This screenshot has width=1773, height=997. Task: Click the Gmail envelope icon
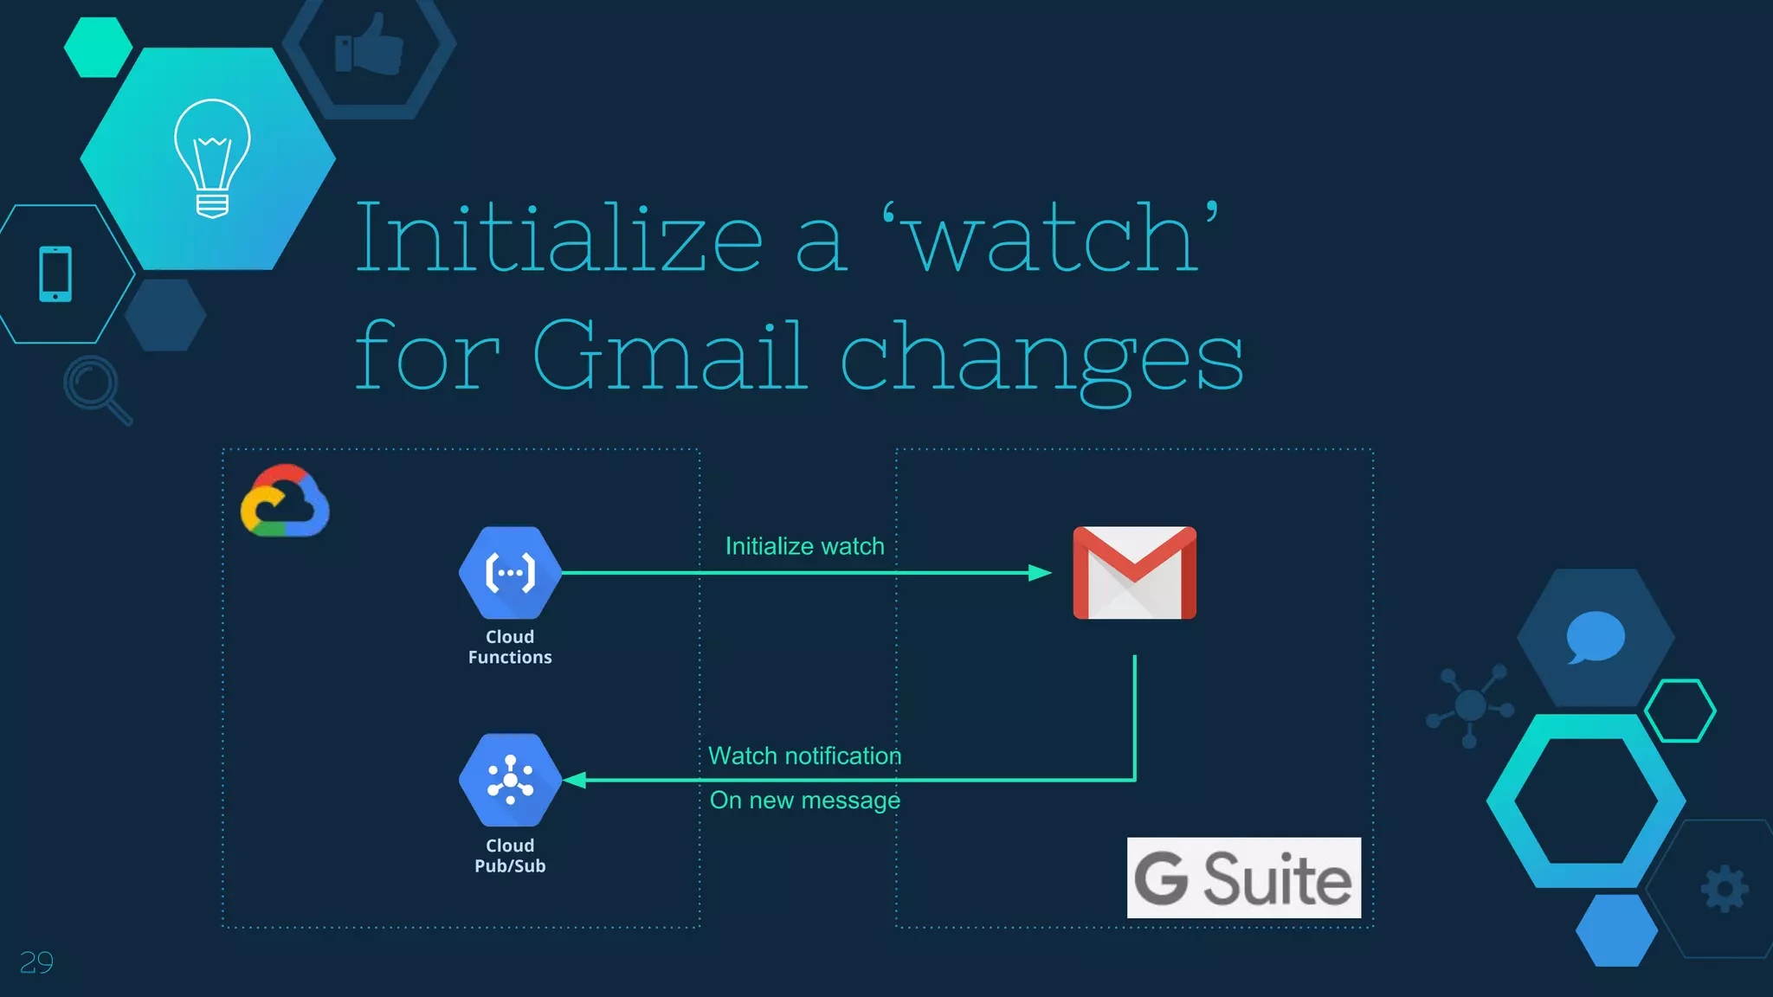(x=1134, y=572)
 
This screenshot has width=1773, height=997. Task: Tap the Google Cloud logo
(x=285, y=501)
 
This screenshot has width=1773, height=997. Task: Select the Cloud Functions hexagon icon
(x=510, y=572)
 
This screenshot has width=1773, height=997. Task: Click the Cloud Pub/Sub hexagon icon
(x=510, y=780)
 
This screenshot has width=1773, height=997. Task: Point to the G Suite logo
(x=1243, y=878)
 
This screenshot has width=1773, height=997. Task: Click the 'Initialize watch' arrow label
(x=804, y=546)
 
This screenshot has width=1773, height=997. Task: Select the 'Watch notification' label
(x=804, y=756)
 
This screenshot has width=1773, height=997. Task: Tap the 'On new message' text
(x=804, y=801)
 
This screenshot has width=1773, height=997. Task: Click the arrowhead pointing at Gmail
(x=1039, y=573)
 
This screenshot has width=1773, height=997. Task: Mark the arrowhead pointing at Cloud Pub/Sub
(x=575, y=780)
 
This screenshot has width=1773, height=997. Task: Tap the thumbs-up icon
(x=370, y=45)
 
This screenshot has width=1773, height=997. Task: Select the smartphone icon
(x=55, y=273)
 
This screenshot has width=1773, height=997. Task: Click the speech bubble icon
(x=1595, y=637)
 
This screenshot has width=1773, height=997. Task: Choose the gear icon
(x=1725, y=888)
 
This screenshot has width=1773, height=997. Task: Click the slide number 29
(x=36, y=962)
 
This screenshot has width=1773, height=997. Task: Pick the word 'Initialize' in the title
(x=558, y=237)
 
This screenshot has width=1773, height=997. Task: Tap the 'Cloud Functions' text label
(x=510, y=646)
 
